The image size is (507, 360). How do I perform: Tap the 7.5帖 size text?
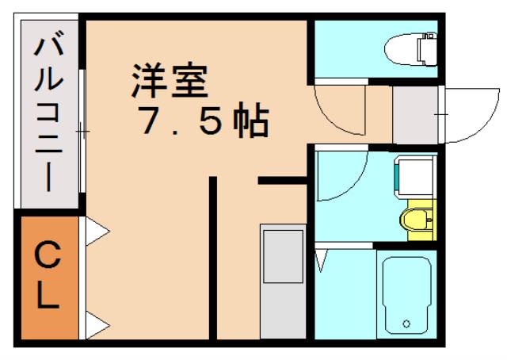pyautogui.click(x=203, y=121)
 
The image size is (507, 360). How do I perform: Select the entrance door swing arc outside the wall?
pyautogui.click(x=471, y=115)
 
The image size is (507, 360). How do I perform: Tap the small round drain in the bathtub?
pyautogui.click(x=406, y=324)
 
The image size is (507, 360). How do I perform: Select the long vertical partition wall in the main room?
pyautogui.click(x=212, y=258)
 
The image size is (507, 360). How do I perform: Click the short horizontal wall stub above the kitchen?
pyautogui.click(x=281, y=182)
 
